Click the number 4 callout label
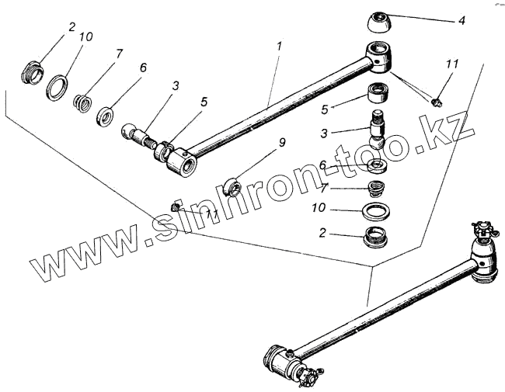pos(461,20)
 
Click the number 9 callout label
pos(260,143)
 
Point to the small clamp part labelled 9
pos(232,186)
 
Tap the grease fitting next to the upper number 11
pos(438,100)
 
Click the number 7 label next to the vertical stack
pos(323,187)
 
